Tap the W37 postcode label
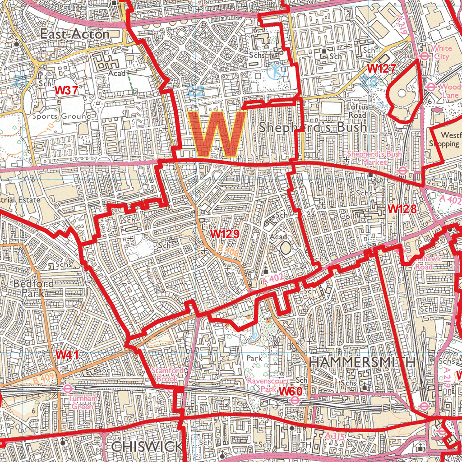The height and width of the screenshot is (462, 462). (x=67, y=90)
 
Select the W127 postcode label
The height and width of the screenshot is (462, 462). (x=381, y=69)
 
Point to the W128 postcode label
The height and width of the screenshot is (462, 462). (x=401, y=209)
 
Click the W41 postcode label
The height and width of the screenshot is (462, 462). (x=68, y=355)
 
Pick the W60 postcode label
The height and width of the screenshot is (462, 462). (x=290, y=391)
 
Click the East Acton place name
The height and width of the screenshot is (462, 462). (x=74, y=34)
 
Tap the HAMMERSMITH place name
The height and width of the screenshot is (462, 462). (x=362, y=362)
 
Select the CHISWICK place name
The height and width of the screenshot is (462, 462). (x=147, y=447)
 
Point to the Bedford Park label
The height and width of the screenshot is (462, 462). (x=34, y=288)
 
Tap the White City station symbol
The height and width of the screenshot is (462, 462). (x=424, y=56)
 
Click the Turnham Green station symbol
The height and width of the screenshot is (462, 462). (x=68, y=388)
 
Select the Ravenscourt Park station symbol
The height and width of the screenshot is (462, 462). (x=295, y=400)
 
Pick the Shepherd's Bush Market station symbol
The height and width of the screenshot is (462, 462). (x=403, y=170)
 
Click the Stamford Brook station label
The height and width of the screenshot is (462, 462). (x=167, y=375)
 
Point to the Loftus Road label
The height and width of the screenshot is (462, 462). (x=356, y=111)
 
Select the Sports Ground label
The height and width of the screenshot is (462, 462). (x=61, y=116)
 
